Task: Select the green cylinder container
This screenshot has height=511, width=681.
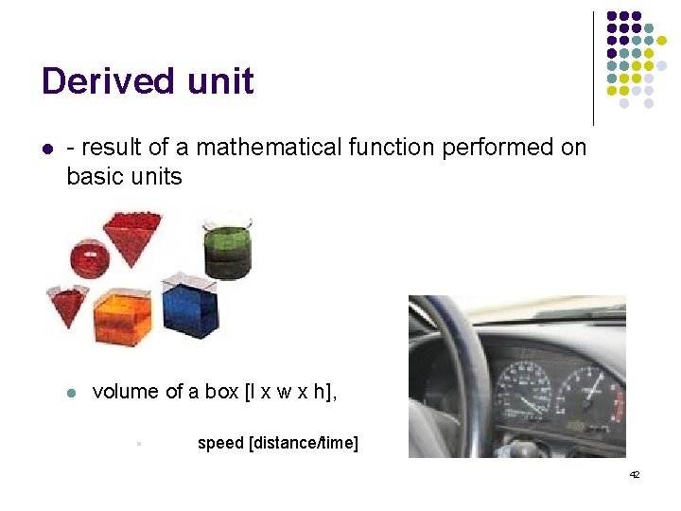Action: (228, 252)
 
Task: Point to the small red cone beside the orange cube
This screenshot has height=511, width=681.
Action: (68, 305)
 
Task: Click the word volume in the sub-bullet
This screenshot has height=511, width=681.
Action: (126, 392)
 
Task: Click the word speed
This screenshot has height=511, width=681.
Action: (220, 443)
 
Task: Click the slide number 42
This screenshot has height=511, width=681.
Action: (634, 474)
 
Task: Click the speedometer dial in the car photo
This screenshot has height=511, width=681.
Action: (522, 389)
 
